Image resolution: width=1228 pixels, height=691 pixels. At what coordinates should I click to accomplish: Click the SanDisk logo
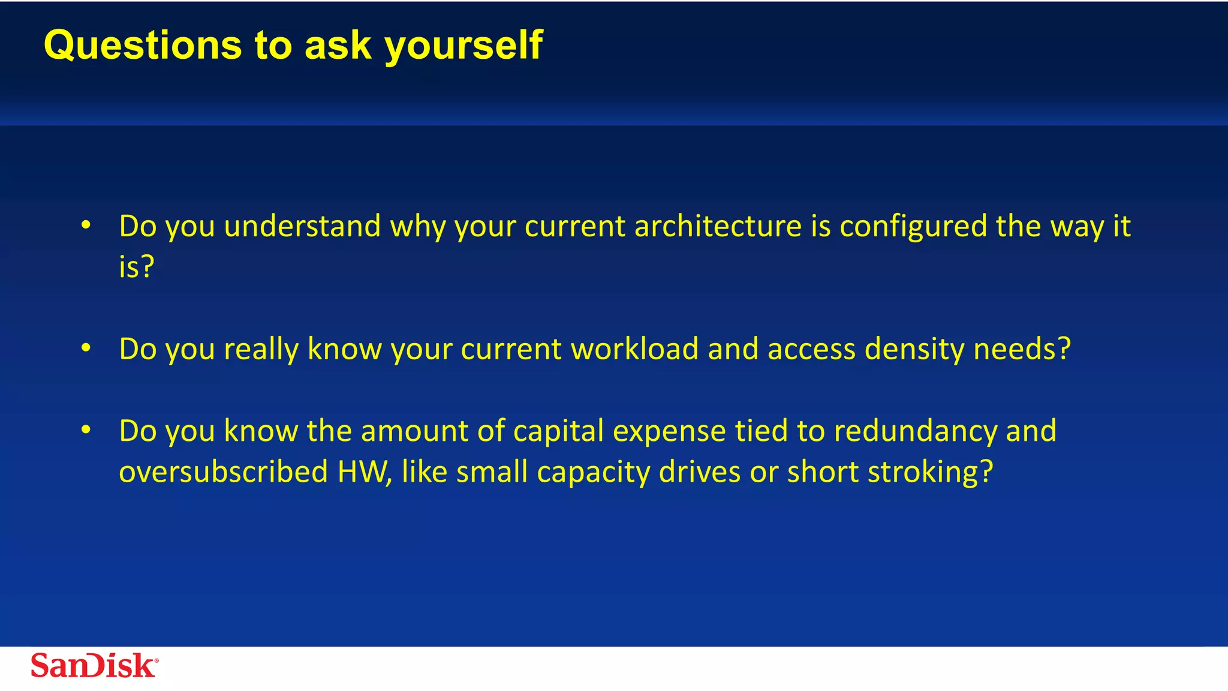click(x=94, y=665)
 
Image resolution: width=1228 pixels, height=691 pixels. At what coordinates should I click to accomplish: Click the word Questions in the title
click(x=143, y=46)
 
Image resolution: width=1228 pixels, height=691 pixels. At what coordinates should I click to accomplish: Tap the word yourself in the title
click(x=463, y=46)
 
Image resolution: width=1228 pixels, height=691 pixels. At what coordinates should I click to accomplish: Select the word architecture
click(x=718, y=227)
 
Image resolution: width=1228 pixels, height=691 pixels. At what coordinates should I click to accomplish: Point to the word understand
click(x=302, y=227)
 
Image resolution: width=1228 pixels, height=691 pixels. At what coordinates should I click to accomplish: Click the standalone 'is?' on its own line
click(x=136, y=267)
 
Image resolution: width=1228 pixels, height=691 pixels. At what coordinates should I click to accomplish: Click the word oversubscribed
click(x=223, y=472)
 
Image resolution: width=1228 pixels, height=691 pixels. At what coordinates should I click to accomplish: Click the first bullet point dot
click(x=86, y=226)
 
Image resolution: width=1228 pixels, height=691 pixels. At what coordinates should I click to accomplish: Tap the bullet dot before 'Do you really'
click(x=86, y=348)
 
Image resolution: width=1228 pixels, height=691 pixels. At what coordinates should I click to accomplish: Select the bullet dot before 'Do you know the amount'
click(x=86, y=430)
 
